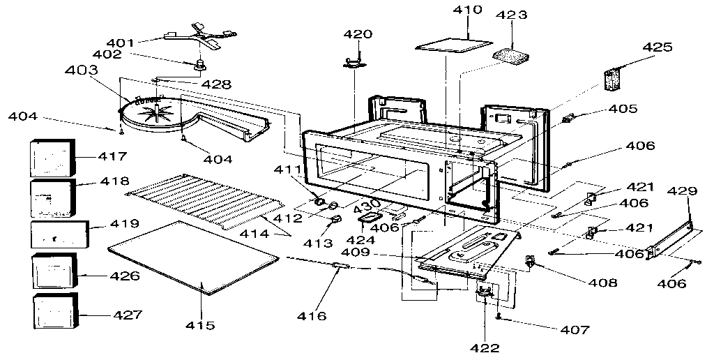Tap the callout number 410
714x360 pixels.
tap(466, 10)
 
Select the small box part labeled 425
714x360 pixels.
tap(612, 79)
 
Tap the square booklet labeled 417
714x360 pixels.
tap(52, 158)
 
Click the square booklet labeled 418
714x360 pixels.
tap(52, 198)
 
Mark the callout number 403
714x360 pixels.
tap(82, 71)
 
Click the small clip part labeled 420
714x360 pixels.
tap(356, 63)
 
